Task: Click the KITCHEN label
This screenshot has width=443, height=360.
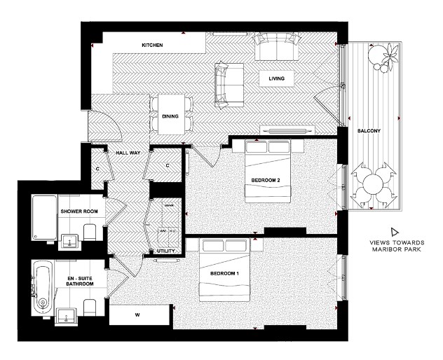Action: [152, 46]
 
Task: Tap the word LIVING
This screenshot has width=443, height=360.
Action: [276, 78]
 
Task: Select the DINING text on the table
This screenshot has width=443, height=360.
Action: [170, 116]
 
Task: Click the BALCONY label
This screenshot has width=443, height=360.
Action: [369, 131]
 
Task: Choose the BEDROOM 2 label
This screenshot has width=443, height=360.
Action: [266, 180]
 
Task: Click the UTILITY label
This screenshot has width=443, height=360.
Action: [165, 250]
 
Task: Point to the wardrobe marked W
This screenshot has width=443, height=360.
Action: [137, 314]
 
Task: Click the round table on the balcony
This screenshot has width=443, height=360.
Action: [373, 186]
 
